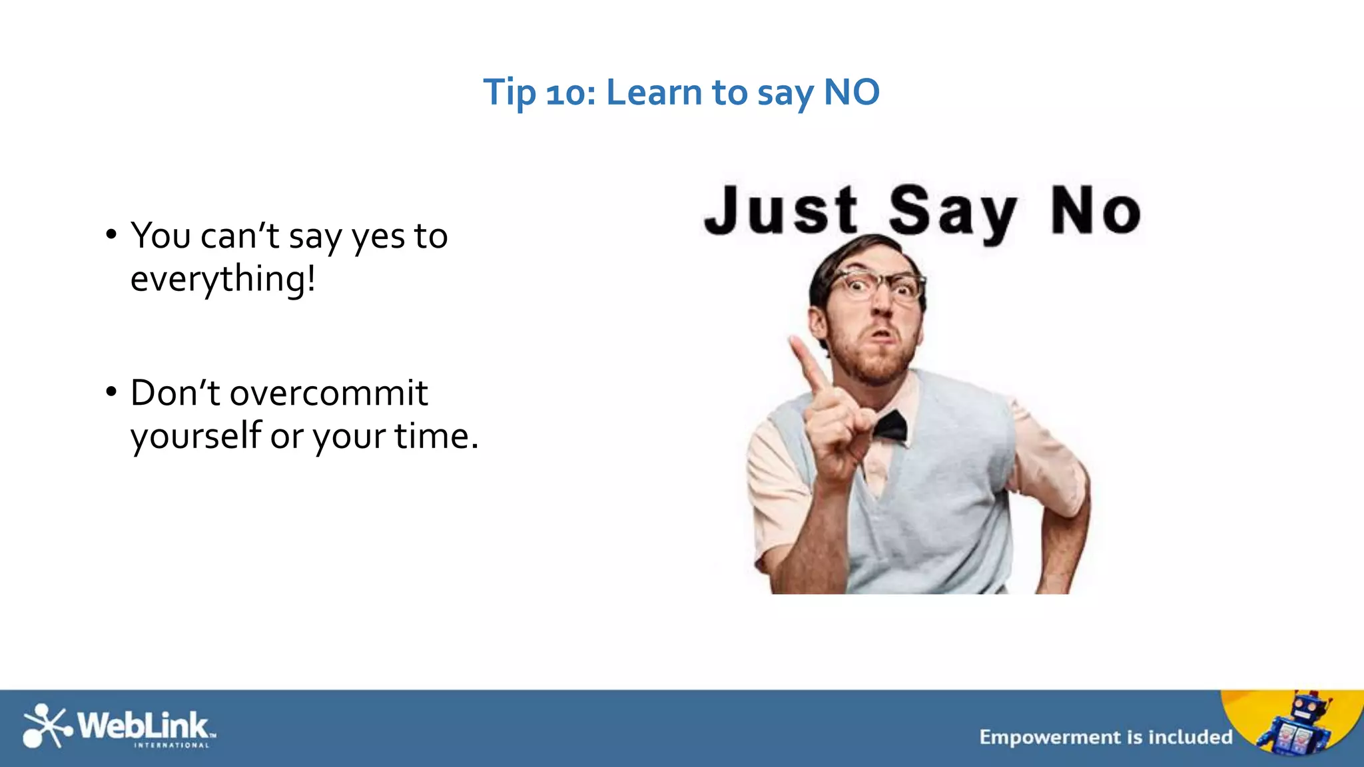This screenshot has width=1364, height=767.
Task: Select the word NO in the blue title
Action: pyautogui.click(x=852, y=92)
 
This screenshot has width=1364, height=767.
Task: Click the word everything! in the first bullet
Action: pyautogui.click(x=222, y=279)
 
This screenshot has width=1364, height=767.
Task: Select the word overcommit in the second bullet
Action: pyautogui.click(x=328, y=393)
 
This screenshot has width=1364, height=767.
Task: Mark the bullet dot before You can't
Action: pyautogui.click(x=111, y=235)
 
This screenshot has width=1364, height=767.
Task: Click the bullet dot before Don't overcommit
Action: pyautogui.click(x=111, y=391)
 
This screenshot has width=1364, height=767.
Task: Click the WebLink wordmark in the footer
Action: pyautogui.click(x=144, y=725)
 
